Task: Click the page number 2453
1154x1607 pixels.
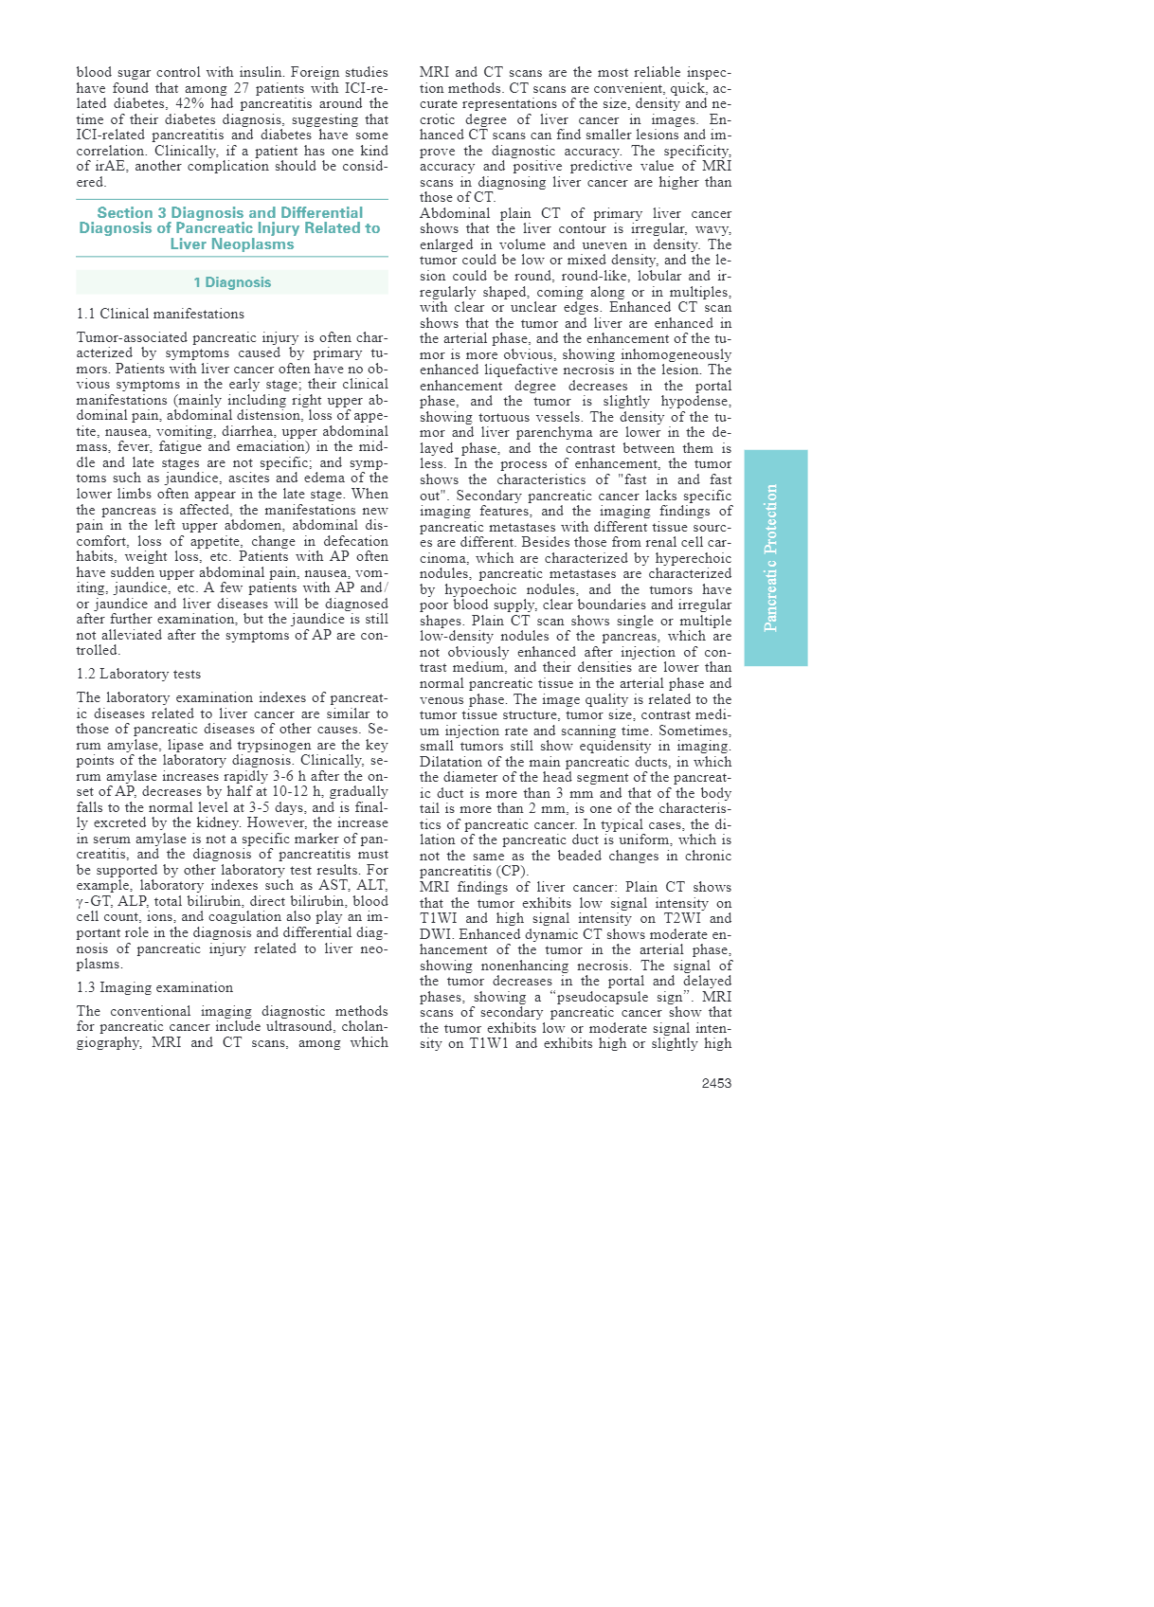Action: coord(716,1083)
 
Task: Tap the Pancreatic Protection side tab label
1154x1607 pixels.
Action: coord(771,558)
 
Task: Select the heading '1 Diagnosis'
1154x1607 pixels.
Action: coord(232,282)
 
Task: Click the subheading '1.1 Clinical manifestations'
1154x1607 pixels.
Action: coord(160,314)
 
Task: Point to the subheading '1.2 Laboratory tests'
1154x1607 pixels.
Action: coord(138,674)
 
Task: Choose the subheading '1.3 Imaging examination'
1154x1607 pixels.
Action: coord(154,987)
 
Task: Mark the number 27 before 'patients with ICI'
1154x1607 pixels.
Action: coord(242,88)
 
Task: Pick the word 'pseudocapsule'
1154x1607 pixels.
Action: coord(641,997)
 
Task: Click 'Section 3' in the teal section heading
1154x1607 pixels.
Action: coord(131,213)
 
